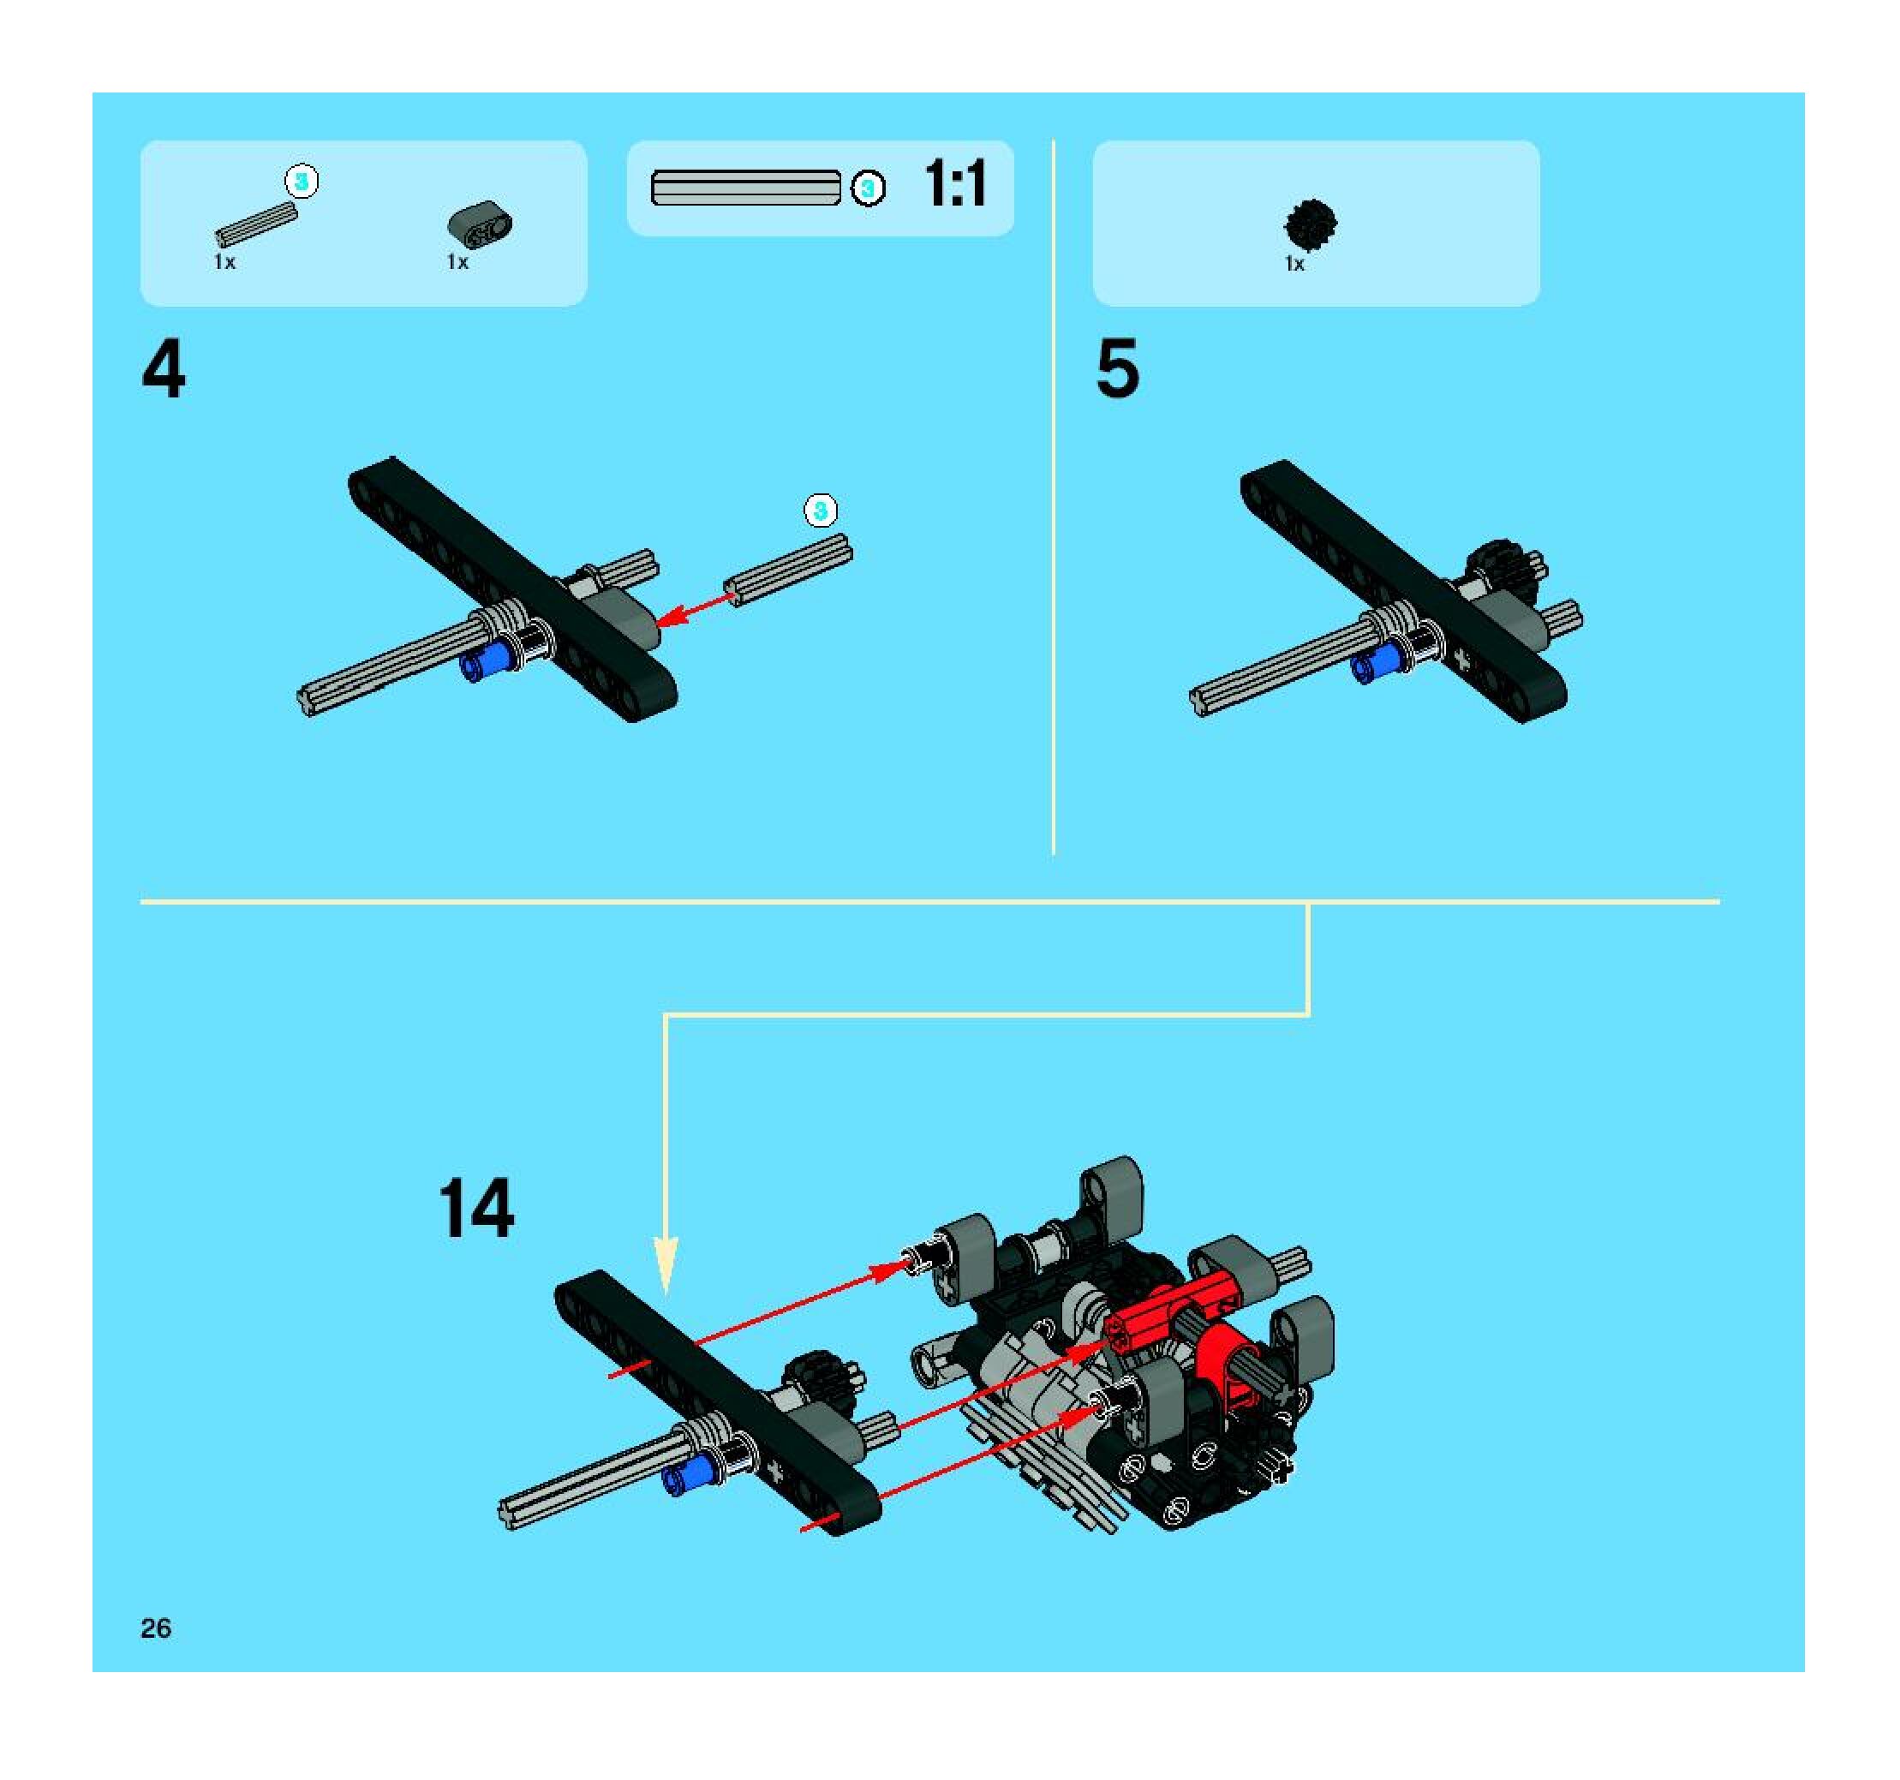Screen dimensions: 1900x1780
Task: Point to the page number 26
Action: [x=156, y=1628]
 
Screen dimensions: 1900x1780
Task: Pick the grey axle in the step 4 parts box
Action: [x=255, y=224]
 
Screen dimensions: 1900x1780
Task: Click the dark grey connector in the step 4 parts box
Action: [x=480, y=224]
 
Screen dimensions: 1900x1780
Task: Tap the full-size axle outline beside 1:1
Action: [x=745, y=188]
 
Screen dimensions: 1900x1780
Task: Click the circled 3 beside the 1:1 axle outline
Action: [x=868, y=188]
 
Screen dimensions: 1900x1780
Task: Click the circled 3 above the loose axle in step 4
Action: [x=820, y=510]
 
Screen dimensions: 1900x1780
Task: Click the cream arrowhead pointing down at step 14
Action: [x=666, y=1267]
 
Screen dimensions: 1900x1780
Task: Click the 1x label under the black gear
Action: [x=1294, y=264]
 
